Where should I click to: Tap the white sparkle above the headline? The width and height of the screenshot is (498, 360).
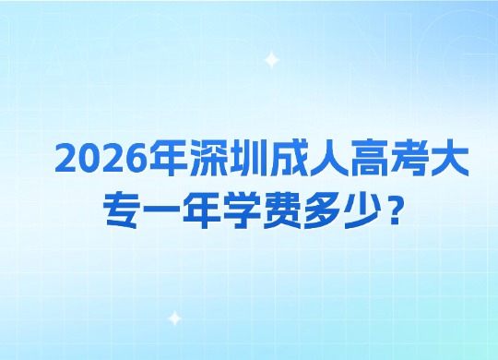pos(271,60)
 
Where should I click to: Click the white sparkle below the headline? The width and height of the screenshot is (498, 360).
pos(175,318)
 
